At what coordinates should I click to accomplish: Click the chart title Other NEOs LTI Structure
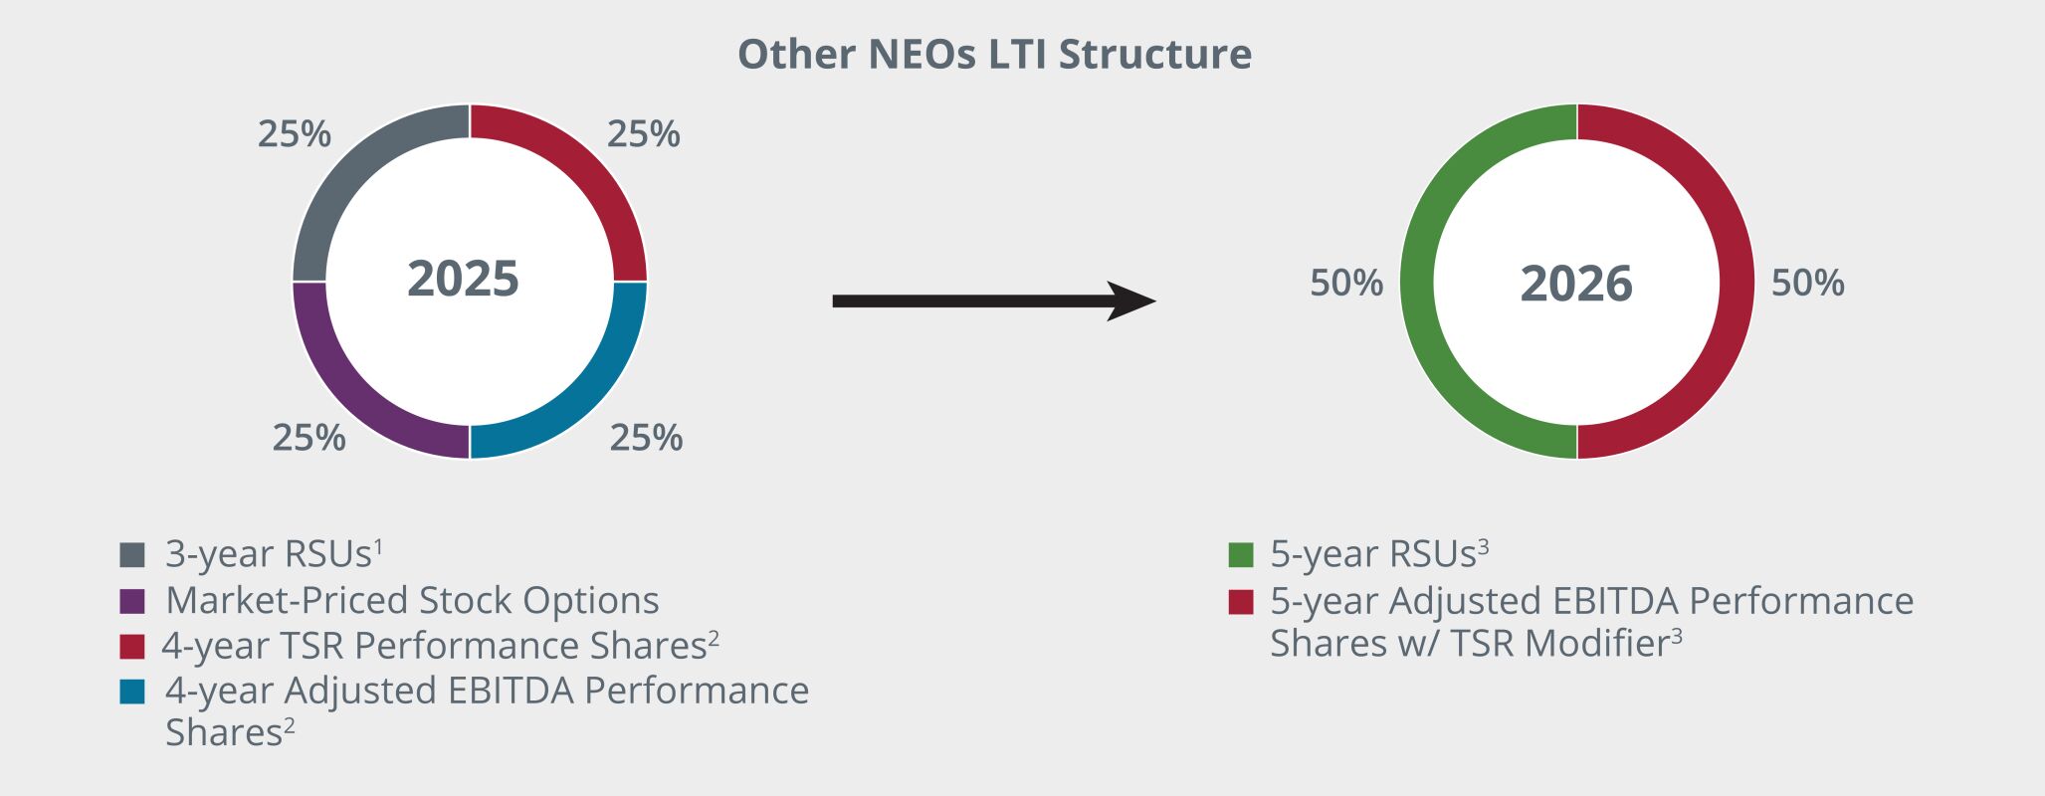(994, 54)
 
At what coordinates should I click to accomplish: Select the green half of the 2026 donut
(1417, 282)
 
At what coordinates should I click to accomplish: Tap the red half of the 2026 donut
(1737, 282)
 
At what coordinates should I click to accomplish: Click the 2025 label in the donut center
(463, 279)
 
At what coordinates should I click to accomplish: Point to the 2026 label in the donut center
(1576, 284)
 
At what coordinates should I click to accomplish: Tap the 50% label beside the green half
(1345, 284)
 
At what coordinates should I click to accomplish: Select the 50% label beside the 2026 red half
(1807, 284)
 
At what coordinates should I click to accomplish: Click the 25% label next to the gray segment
(295, 134)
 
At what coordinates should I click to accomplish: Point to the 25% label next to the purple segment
(309, 438)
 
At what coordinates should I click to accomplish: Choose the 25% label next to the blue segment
(646, 438)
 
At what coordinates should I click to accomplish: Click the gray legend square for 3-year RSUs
(132, 554)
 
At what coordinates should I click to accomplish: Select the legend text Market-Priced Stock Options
(412, 600)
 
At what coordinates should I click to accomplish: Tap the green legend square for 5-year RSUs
(1241, 554)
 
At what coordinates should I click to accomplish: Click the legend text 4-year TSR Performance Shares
(435, 646)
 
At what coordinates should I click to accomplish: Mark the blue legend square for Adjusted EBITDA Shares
(132, 692)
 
